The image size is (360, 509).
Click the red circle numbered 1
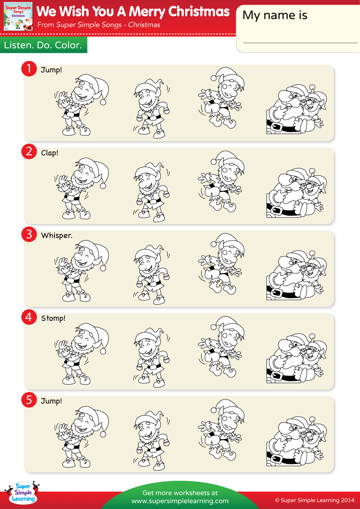pos(29,69)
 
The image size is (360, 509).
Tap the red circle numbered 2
pos(29,152)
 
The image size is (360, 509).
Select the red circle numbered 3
pos(29,234)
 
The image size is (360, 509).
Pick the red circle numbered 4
pos(29,317)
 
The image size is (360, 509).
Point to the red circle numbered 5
pos(29,400)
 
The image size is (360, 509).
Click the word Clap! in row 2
pos(50,153)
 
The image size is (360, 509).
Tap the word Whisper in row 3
pos(56,235)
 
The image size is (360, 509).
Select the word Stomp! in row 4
pos(53,319)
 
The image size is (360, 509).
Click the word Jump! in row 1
pos(51,70)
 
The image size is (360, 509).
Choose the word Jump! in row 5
pos(51,401)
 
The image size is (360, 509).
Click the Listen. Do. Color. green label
pos(43,45)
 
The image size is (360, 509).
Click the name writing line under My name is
pos(300,43)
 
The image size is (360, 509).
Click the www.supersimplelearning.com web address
pos(180,501)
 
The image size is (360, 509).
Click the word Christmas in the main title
pos(199,12)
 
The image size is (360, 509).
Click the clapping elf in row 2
pos(82,189)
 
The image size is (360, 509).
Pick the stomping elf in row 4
pos(151,358)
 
